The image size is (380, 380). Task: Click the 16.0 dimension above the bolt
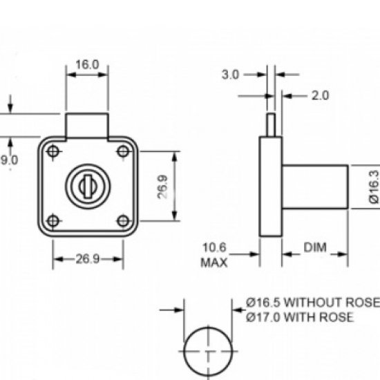tap(87, 64)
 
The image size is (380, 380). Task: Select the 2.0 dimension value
tap(320, 95)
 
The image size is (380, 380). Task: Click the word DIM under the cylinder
tap(314, 247)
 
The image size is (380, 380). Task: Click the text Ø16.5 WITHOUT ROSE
tap(312, 303)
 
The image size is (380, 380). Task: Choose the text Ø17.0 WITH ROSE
tap(300, 317)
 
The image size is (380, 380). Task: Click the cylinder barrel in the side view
tap(314, 187)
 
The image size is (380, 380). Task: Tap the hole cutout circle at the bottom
tap(208, 350)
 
